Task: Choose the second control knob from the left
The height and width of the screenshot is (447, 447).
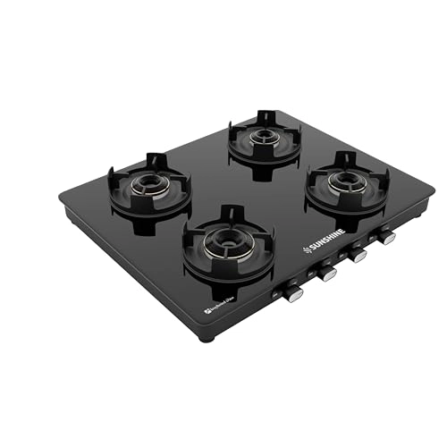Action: coord(327,273)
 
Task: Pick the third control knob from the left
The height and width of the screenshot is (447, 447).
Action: coord(358,255)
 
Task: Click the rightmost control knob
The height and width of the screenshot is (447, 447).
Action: coord(386,237)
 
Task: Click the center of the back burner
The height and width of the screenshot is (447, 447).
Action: coord(263,137)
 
